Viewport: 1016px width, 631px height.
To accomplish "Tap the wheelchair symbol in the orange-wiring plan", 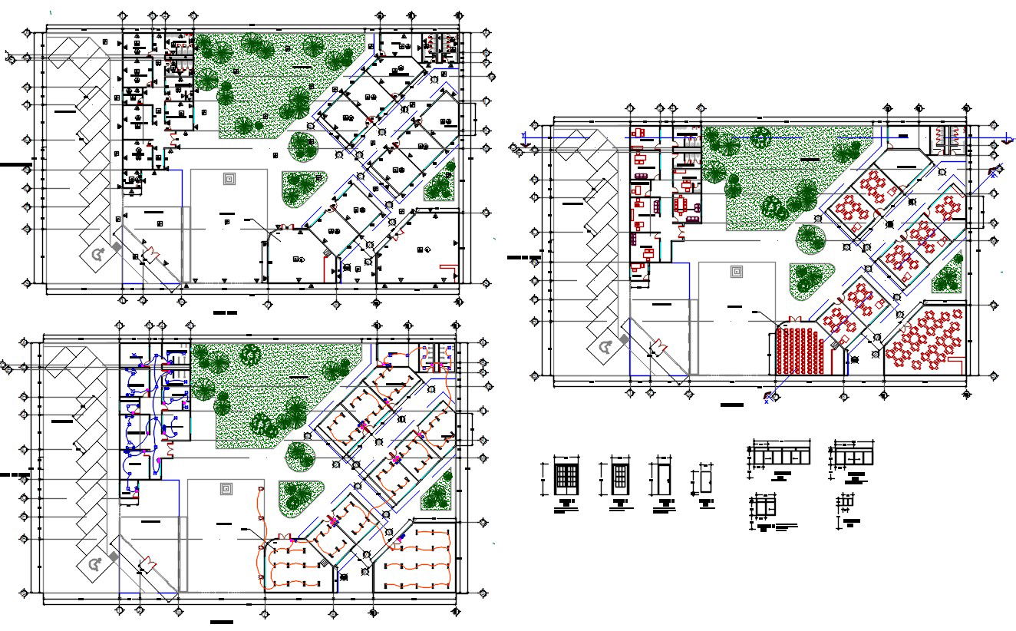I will pyautogui.click(x=96, y=565).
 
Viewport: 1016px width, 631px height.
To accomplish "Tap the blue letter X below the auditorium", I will pyautogui.click(x=767, y=401).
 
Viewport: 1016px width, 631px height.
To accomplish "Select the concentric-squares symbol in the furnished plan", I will pyautogui.click(x=737, y=271).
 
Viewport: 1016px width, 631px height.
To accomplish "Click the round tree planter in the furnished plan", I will pyautogui.click(x=810, y=238).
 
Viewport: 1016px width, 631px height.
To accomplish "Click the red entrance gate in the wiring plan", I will pyautogui.click(x=146, y=566).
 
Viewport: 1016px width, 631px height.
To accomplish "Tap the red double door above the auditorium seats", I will pyautogui.click(x=794, y=319).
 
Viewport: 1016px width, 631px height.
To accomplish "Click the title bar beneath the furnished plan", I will pyautogui.click(x=731, y=404).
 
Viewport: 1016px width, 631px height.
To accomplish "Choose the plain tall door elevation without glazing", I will pyautogui.click(x=662, y=479).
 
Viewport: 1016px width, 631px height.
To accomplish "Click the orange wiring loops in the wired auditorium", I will pyautogui.click(x=295, y=565).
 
